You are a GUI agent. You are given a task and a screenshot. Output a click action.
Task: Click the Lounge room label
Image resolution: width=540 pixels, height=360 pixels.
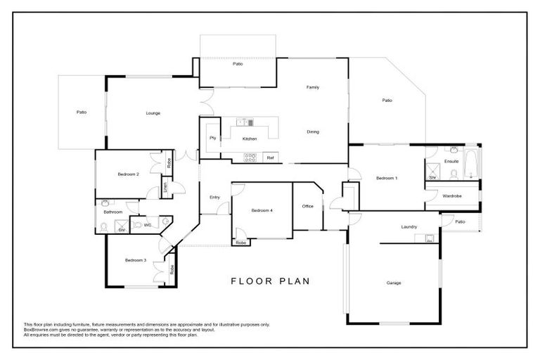pos(153,112)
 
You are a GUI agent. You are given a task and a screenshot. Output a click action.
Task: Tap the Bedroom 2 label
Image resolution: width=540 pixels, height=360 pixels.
pos(128,174)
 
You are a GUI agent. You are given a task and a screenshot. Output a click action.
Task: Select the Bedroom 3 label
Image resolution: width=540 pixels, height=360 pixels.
pos(135,260)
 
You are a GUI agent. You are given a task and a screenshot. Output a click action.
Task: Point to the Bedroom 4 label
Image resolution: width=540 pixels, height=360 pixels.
pos(262,211)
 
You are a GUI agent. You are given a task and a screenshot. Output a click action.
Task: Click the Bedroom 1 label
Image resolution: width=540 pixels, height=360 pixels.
pos(387,178)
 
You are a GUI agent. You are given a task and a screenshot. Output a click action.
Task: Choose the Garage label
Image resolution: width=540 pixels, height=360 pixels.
pos(393,283)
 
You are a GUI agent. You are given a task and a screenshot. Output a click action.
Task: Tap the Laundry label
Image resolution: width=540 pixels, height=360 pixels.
pos(409,226)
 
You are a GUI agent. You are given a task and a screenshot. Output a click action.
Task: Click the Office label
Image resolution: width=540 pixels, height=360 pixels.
pos(307,206)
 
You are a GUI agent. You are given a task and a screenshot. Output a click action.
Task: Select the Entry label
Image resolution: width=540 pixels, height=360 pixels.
pos(215,197)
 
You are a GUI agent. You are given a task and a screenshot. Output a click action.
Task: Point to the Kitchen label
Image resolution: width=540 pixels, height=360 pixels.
pos(250,139)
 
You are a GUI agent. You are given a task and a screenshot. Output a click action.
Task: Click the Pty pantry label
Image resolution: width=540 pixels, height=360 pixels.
pos(212,138)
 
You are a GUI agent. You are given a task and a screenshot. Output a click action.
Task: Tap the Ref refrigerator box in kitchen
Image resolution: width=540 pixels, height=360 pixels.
pos(270,157)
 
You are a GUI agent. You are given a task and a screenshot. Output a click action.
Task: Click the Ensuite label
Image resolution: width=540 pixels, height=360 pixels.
pos(451,161)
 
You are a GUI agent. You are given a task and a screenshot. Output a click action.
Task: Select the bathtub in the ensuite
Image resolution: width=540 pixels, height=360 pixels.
pos(472,165)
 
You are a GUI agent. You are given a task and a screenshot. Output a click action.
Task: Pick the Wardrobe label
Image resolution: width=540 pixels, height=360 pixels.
pos(452,196)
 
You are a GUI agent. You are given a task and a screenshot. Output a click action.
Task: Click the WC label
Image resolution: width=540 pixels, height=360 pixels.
pos(148,225)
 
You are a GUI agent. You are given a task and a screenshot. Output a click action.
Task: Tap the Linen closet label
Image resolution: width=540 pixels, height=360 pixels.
pos(166,188)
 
